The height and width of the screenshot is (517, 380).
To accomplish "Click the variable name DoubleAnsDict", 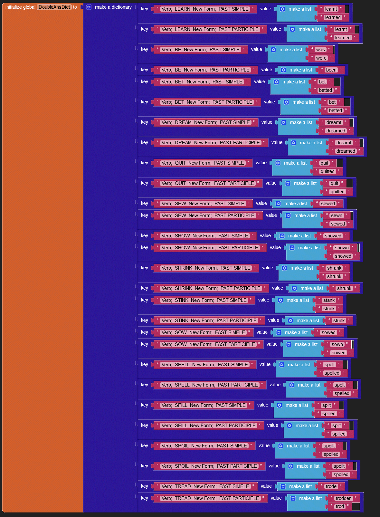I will [x=54, y=7].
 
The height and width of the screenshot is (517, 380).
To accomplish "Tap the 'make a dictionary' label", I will [x=113, y=7].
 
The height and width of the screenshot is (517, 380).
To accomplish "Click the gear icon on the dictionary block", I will [x=89, y=7].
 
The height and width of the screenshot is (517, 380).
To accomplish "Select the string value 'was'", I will [x=320, y=50].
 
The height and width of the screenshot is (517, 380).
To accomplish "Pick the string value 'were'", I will [x=321, y=58].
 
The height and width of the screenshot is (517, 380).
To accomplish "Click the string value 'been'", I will [x=331, y=70].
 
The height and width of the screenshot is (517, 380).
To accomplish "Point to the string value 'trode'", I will [x=331, y=486].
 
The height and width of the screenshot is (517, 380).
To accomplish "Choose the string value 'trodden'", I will [x=344, y=498].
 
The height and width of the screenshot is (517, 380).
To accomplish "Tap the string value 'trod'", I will [x=340, y=506].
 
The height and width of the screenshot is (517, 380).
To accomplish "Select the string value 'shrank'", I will [x=334, y=268].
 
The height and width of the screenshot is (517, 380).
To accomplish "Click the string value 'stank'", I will [x=329, y=300].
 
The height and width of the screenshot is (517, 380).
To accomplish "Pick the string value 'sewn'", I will [x=336, y=215].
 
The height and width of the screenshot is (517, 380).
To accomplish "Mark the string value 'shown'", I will [x=341, y=248].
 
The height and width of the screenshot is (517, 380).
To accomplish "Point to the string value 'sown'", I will [x=337, y=344].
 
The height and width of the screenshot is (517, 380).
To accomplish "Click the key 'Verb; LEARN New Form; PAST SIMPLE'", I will [x=205, y=9].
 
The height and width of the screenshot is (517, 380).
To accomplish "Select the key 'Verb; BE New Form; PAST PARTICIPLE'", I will [x=205, y=70].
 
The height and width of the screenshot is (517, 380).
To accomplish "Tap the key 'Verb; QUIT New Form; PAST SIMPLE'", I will [x=203, y=163].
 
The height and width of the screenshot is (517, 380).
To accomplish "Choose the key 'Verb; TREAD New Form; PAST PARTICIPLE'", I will [x=210, y=498].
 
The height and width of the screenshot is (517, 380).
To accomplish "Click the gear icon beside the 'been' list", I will [x=283, y=70].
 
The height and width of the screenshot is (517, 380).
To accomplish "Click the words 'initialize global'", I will [x=20, y=7].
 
